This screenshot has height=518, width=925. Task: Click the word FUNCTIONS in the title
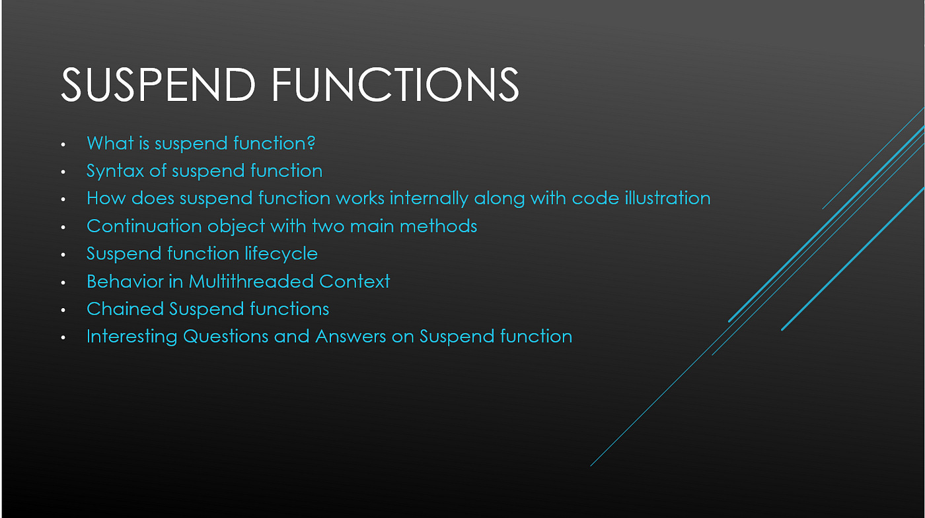click(x=395, y=84)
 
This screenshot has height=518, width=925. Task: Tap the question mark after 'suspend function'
click(x=311, y=143)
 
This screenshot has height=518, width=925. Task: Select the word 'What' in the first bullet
click(x=110, y=143)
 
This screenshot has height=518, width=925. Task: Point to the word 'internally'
click(x=429, y=199)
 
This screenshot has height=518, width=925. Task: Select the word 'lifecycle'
click(x=281, y=254)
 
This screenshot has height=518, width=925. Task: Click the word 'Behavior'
click(x=125, y=281)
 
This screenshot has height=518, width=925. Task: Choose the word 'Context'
click(x=354, y=281)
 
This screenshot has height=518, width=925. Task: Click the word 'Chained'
click(x=125, y=309)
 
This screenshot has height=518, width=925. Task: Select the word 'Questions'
click(x=226, y=337)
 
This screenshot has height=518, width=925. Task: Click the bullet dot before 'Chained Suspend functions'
click(x=63, y=309)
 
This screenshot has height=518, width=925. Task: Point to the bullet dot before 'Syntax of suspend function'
click(x=63, y=172)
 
